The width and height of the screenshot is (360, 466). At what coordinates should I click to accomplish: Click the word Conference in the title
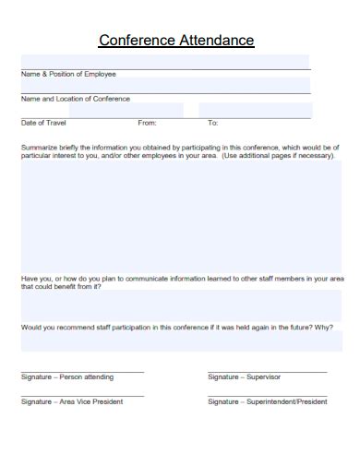[136, 41]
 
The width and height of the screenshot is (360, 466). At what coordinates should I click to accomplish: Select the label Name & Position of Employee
[68, 74]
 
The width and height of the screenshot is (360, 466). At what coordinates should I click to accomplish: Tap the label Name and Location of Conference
[75, 99]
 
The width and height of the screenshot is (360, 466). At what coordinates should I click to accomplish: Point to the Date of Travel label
[43, 123]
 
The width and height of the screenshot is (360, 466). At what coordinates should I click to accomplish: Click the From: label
[147, 123]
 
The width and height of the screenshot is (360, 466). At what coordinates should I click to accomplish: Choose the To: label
[212, 123]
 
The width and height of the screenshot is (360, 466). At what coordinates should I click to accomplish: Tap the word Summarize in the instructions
[39, 148]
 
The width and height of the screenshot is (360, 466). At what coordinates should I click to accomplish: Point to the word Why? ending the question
[323, 327]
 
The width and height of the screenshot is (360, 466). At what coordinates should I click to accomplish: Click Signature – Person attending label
[67, 377]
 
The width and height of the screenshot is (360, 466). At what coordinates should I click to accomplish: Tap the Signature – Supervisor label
[244, 377]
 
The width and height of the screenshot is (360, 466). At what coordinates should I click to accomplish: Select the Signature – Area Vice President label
[71, 401]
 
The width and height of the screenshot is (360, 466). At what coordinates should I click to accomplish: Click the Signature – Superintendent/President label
[267, 401]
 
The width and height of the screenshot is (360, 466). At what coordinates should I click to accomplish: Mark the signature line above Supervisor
[267, 371]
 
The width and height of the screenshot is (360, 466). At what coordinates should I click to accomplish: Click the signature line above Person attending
[82, 371]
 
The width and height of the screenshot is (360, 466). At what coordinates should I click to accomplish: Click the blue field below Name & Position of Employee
[164, 86]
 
